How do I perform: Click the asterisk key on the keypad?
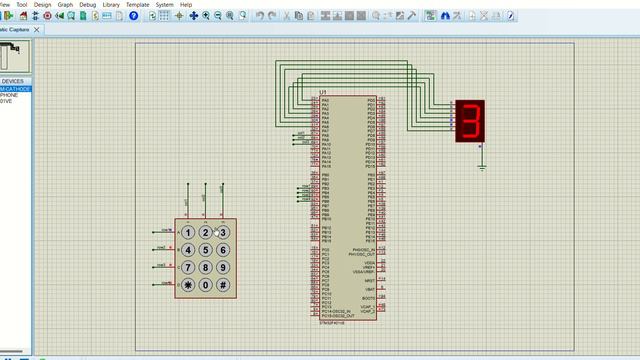(x=188, y=285)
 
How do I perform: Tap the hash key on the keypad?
(x=223, y=285)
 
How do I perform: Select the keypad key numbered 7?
(x=188, y=268)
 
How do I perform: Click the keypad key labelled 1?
(x=188, y=232)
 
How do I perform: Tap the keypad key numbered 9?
(x=223, y=268)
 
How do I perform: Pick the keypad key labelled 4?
(x=188, y=250)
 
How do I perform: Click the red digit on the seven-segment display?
(x=469, y=121)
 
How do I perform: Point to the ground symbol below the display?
(x=481, y=167)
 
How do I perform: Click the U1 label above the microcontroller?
(x=322, y=93)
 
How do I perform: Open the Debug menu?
(x=88, y=4)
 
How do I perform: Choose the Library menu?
(x=111, y=4)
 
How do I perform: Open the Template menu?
(x=137, y=4)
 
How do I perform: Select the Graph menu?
(x=65, y=4)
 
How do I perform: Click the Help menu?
(x=186, y=4)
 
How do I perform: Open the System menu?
(x=164, y=4)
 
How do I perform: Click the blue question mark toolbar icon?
(x=134, y=16)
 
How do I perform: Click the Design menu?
(x=42, y=4)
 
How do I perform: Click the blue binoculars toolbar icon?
(x=445, y=16)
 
